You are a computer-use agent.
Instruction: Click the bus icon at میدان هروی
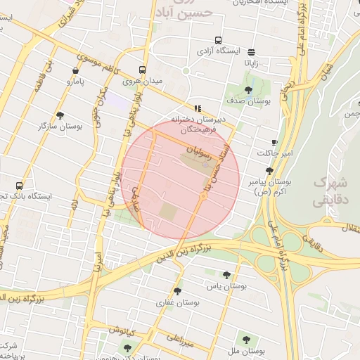(142, 70)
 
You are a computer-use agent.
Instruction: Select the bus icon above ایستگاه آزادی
(218, 40)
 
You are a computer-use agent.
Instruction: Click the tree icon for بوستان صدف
(248, 89)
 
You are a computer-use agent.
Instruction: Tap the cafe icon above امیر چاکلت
(274, 142)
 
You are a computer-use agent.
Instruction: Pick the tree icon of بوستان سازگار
(60, 115)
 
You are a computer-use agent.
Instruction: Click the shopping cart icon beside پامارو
(75, 70)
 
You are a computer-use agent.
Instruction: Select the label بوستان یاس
(218, 286)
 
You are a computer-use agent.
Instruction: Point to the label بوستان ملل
(245, 350)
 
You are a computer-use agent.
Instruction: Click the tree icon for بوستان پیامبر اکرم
(269, 170)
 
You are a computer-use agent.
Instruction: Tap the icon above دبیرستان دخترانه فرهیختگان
(198, 108)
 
